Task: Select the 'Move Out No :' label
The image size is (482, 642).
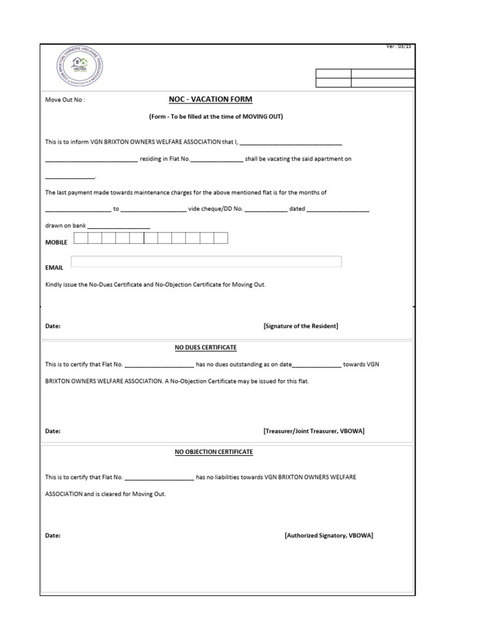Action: tap(65, 100)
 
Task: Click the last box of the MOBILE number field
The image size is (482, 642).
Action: tap(221, 238)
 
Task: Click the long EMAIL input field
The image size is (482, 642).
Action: tap(206, 261)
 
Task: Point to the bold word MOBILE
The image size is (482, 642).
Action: tap(56, 242)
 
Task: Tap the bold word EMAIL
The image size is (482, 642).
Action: tap(54, 267)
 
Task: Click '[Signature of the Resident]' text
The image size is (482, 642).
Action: tap(301, 326)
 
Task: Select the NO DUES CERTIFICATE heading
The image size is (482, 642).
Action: tap(205, 347)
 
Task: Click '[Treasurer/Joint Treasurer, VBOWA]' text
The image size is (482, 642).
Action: tap(314, 431)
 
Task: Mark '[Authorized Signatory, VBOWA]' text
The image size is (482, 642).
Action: tap(329, 535)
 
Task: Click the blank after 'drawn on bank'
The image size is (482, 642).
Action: tap(119, 226)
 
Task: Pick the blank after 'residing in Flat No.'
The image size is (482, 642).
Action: tap(216, 159)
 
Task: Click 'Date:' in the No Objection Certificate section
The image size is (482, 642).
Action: tap(53, 535)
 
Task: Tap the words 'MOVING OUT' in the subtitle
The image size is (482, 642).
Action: tap(265, 117)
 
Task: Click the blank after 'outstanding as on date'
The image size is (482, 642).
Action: tap(317, 364)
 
